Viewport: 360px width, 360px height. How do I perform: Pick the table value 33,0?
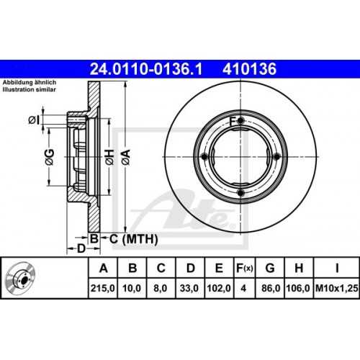pyautogui.click(x=190, y=288)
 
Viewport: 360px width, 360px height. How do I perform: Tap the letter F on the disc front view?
pyautogui.click(x=233, y=120)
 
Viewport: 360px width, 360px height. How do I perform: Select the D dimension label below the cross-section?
pyautogui.click(x=81, y=248)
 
